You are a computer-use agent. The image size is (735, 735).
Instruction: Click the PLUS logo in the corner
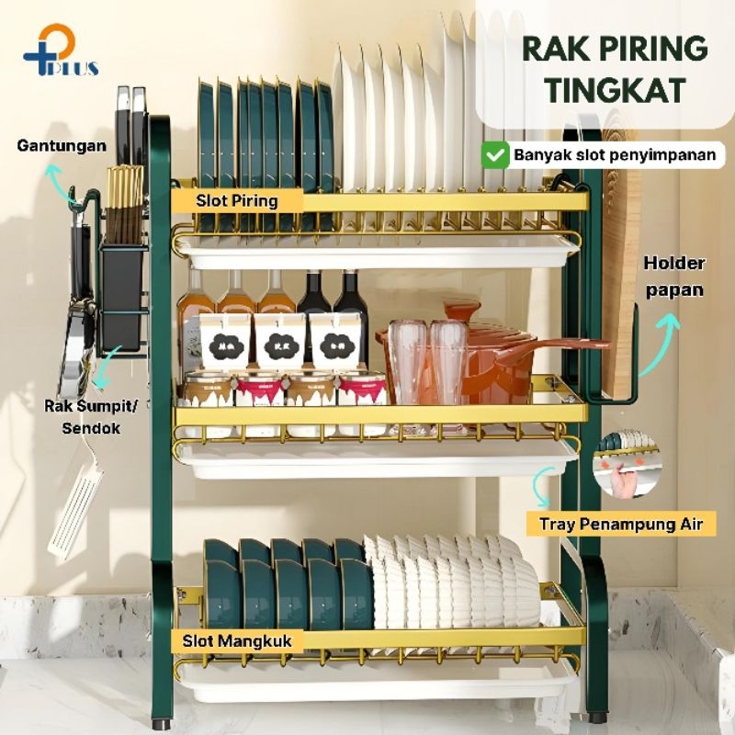(61, 51)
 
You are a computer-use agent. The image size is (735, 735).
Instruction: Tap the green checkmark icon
(496, 154)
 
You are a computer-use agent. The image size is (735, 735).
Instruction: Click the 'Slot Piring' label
(237, 200)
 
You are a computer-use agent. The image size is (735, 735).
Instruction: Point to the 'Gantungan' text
(62, 145)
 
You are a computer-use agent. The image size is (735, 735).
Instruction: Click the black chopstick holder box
(124, 294)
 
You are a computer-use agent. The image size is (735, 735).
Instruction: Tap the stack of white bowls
(450, 583)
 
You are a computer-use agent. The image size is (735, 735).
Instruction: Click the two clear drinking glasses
(427, 363)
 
